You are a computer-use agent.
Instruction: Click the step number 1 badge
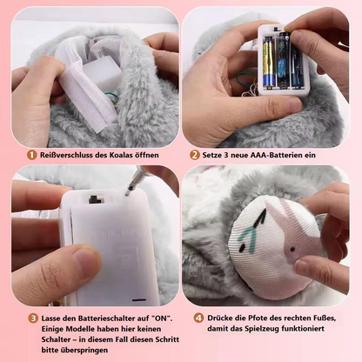(x=31, y=155)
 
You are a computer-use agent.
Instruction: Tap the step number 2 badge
(x=195, y=155)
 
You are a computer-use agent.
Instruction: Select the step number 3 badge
(x=33, y=318)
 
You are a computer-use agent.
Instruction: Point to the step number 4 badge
(x=198, y=318)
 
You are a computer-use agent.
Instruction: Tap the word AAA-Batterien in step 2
(x=270, y=155)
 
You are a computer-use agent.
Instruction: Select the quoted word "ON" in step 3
(x=163, y=318)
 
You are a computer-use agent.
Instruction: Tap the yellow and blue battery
(x=269, y=63)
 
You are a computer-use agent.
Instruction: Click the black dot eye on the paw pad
(x=292, y=249)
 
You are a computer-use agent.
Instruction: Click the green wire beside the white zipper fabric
(x=111, y=98)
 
